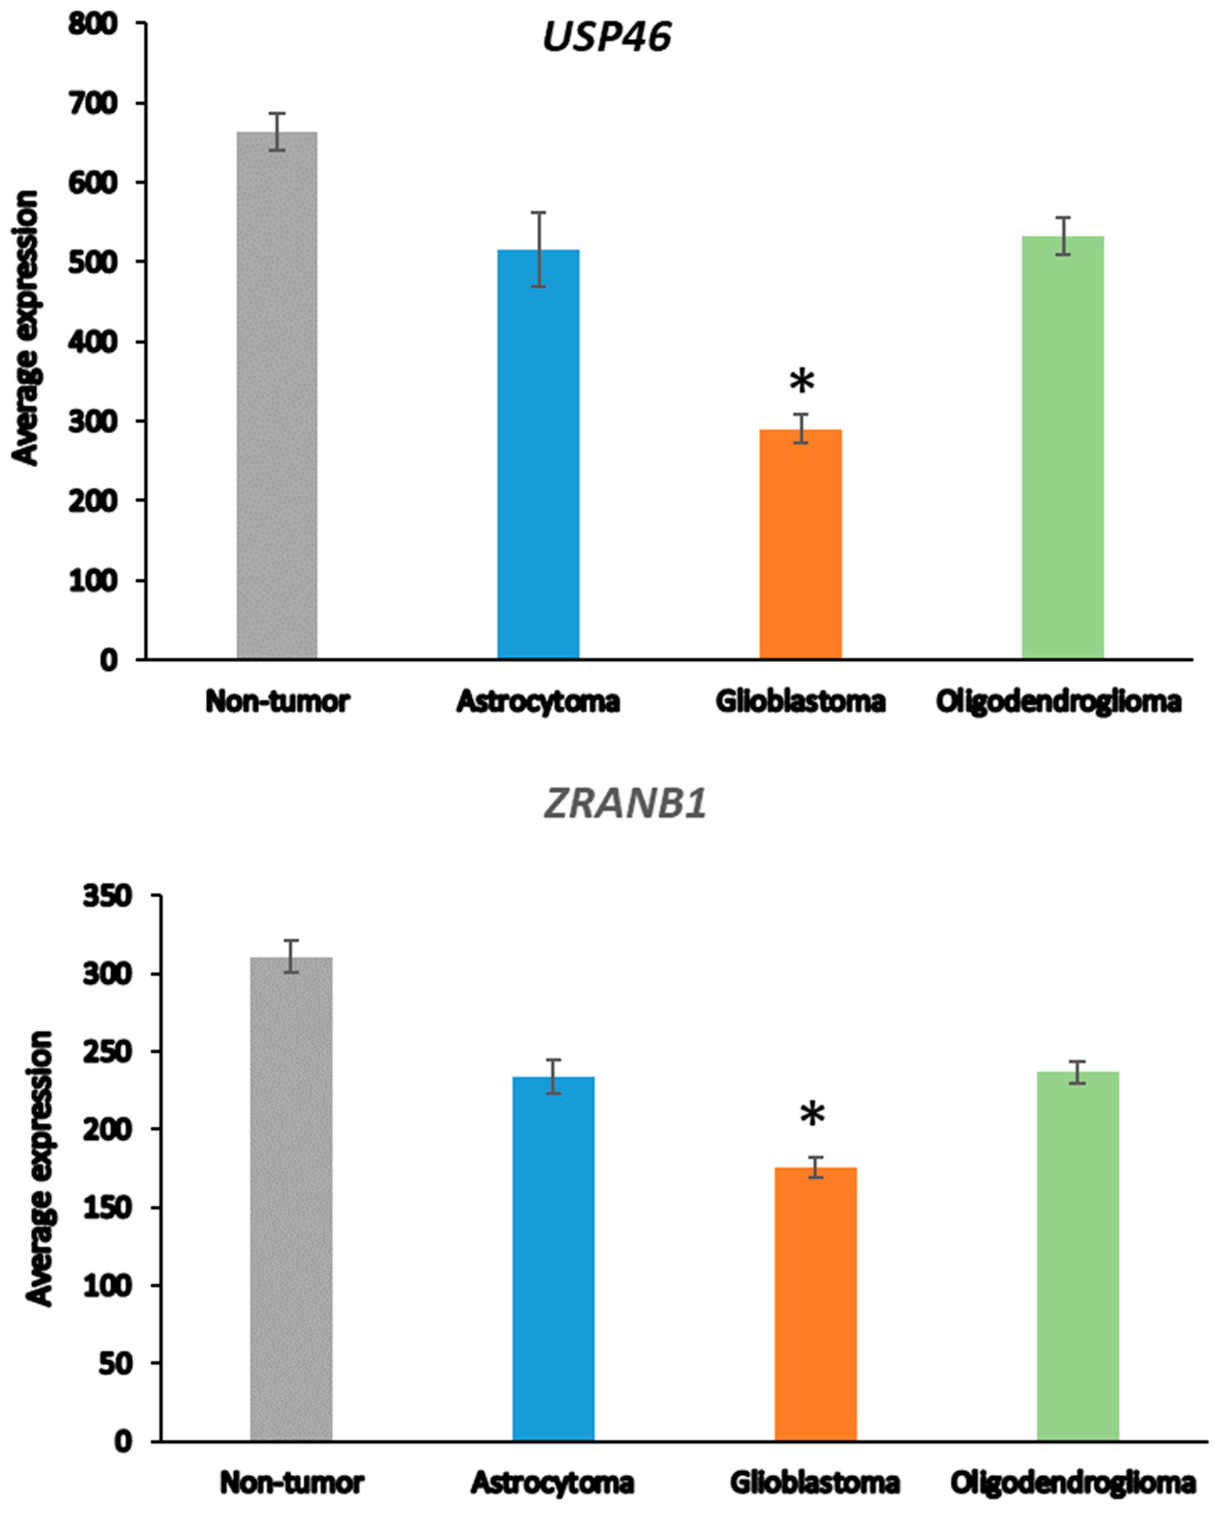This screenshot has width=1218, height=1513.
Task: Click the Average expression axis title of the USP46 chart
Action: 26,328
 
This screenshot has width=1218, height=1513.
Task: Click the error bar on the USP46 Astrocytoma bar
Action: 538,249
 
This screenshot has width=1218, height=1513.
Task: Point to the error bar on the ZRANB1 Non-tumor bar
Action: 291,956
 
